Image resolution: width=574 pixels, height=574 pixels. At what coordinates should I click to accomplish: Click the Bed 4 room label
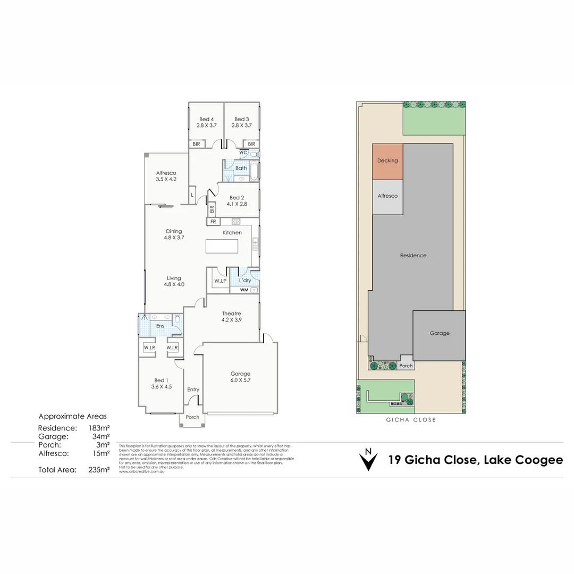[x=206, y=119]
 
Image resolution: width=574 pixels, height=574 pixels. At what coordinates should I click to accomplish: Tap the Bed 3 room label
[x=241, y=119]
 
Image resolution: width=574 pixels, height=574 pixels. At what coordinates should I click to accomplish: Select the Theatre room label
[x=231, y=314]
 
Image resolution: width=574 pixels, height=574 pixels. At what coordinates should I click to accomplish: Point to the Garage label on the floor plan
[x=240, y=374]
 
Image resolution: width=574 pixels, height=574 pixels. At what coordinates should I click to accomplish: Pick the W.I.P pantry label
[x=220, y=280]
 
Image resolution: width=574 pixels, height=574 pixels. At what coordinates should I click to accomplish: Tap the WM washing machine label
[x=244, y=290]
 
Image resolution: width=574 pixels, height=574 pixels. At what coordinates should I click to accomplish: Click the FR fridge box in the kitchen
[x=213, y=221]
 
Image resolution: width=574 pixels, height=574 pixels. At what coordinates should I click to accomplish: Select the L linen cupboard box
[x=192, y=195]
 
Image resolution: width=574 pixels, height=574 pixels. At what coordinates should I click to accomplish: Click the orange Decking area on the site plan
[x=387, y=161]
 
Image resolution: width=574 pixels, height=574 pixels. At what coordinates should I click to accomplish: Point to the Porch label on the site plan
[x=406, y=366]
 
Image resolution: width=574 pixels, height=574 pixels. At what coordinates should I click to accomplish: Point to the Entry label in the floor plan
[x=193, y=390]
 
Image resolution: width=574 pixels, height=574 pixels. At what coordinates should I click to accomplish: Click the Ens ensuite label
[x=159, y=326]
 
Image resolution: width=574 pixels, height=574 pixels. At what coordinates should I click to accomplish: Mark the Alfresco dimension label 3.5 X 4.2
[x=166, y=180]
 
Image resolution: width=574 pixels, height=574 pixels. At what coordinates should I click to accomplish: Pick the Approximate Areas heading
[x=73, y=417]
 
